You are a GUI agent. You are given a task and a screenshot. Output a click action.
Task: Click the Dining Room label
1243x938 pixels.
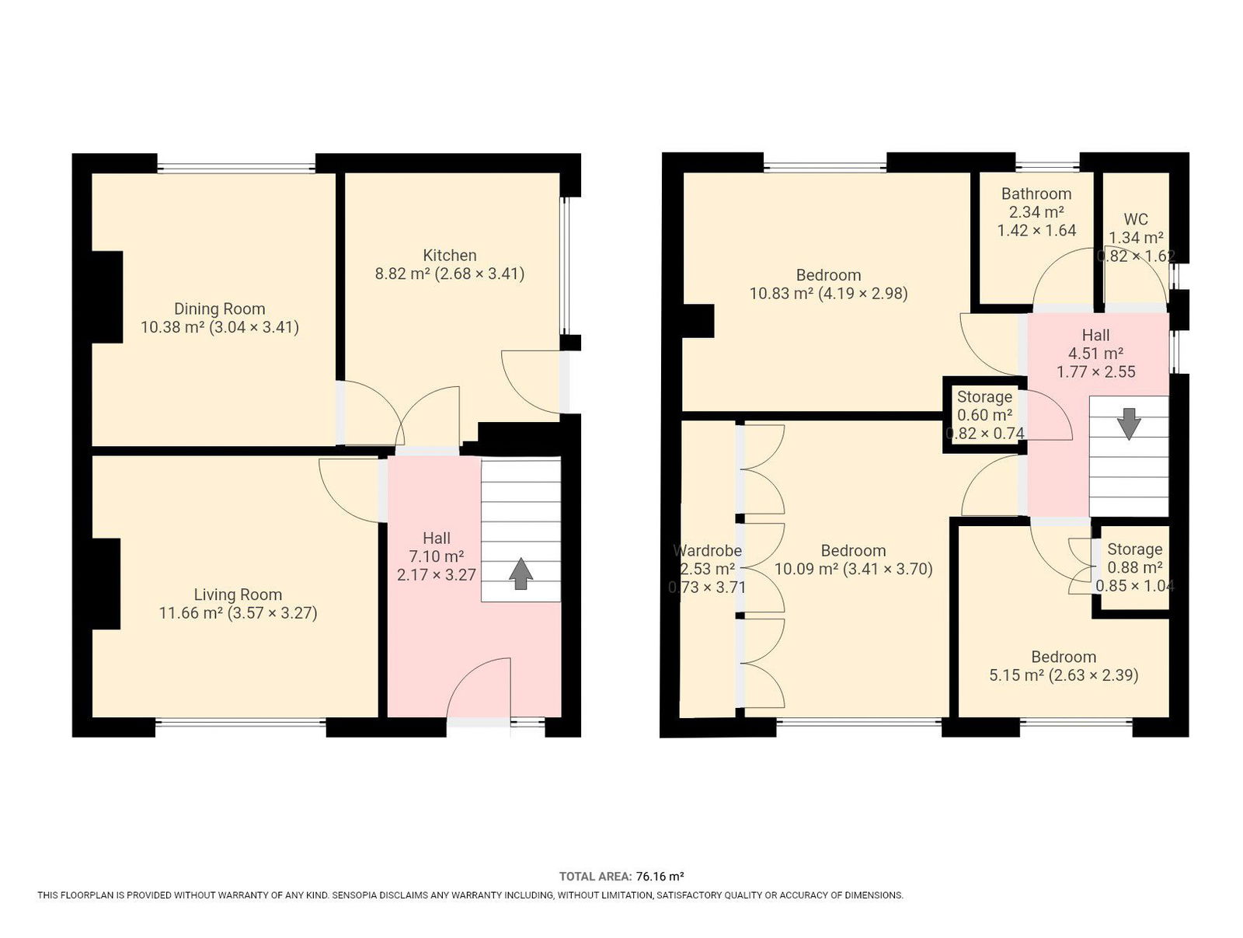point(219,309)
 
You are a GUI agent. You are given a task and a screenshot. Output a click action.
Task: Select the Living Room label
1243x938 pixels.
point(238,595)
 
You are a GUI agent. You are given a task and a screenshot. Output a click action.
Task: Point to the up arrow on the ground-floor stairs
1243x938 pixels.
point(521,574)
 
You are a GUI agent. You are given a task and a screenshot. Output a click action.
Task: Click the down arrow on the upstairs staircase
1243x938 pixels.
point(1129,424)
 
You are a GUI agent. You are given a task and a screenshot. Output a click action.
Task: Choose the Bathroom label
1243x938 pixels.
point(1036,194)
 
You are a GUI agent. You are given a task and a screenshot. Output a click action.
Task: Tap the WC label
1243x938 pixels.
point(1136,219)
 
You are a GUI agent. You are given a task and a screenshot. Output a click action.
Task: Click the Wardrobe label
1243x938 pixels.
point(707,550)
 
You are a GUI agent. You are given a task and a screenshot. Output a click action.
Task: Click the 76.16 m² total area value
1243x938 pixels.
point(660,877)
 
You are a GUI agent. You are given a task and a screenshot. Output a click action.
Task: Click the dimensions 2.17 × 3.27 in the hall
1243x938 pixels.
point(437,575)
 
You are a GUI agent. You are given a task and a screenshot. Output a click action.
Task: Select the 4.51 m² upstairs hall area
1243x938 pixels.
point(1095,354)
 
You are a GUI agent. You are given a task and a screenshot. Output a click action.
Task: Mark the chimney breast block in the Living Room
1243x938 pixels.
point(106,584)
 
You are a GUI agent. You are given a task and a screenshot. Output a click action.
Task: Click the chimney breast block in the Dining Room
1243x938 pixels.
point(107,297)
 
